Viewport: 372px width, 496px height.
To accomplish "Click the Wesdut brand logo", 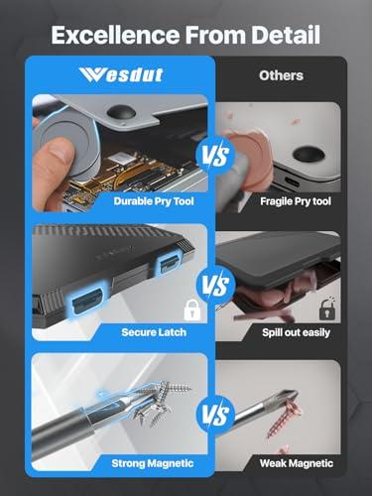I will [109, 74].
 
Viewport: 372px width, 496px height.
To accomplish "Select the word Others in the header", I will [281, 74].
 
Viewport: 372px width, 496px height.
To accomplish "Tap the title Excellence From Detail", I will [186, 36].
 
